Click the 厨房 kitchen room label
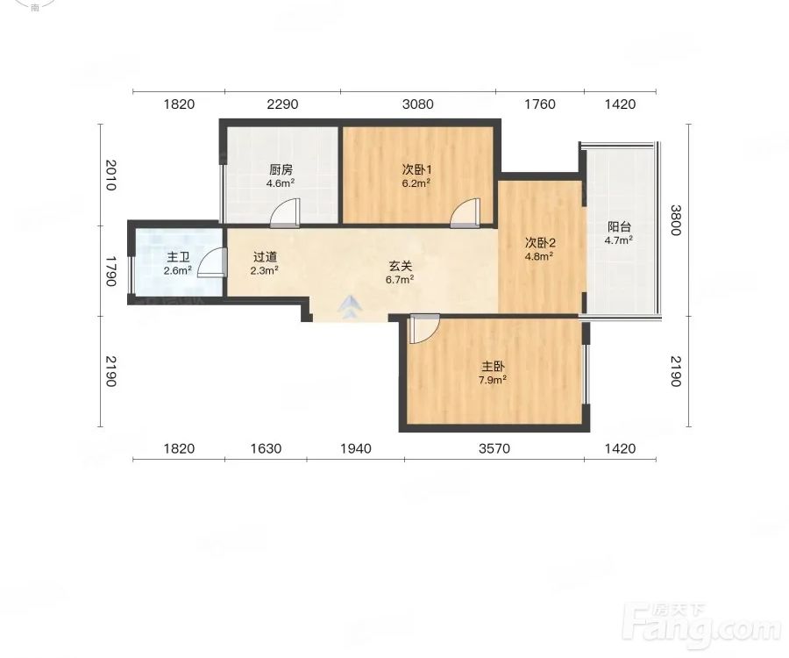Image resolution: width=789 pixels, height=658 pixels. pos(281,169)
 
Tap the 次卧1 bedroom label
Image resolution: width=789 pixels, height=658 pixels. pos(416,169)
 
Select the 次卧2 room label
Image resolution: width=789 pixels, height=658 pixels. pos(540,243)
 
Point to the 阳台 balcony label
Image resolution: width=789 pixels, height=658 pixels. pos(619,227)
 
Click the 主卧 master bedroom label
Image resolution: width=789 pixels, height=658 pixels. pos(493,367)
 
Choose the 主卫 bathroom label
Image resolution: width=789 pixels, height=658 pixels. pos(178,257)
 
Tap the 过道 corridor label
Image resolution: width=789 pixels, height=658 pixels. pos(265,257)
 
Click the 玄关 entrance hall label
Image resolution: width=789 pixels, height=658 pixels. pos(400,266)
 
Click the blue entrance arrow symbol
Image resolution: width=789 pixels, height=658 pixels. pos(350,307)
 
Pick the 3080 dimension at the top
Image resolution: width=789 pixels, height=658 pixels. pos(417,104)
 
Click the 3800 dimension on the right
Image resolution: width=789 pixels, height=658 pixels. pos(675,220)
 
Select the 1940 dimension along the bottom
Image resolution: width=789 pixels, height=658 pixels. pos(356,448)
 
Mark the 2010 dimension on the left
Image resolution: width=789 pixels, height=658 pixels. pos(111,175)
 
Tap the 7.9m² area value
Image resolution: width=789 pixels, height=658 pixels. pos(493,380)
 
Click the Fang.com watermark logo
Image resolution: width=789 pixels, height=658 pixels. pos(701,626)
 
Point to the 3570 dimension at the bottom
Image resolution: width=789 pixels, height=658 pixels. pos(494,448)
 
